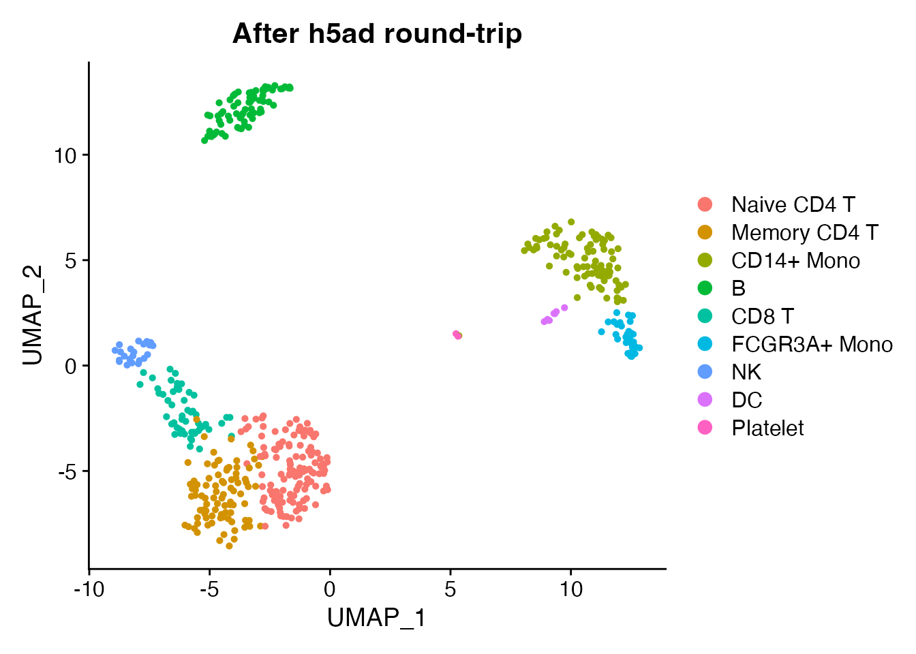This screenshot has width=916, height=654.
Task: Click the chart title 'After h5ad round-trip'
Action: [x=377, y=33]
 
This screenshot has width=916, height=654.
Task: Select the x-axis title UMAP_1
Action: [x=376, y=618]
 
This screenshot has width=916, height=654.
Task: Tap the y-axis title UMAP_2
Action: [x=33, y=315]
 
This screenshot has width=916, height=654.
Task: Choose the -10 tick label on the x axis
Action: [x=89, y=589]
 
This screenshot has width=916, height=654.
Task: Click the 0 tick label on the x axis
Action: [x=330, y=589]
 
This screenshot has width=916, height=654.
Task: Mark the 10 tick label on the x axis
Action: [x=571, y=589]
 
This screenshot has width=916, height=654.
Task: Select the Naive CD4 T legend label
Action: [x=793, y=204]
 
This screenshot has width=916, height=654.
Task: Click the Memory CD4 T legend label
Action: [x=804, y=232]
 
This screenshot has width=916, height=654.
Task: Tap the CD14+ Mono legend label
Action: [x=795, y=260]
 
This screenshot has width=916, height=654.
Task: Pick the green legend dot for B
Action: [x=705, y=288]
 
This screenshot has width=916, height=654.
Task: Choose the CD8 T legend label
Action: [x=762, y=316]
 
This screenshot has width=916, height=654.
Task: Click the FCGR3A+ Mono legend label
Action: [x=812, y=344]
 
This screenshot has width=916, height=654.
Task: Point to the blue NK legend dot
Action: [x=705, y=372]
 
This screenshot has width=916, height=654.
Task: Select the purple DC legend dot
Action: [x=705, y=400]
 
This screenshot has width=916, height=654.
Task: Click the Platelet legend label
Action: [x=767, y=428]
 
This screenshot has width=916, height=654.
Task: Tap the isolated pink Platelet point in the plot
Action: [x=456, y=334]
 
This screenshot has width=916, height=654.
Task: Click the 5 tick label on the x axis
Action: [x=451, y=589]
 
